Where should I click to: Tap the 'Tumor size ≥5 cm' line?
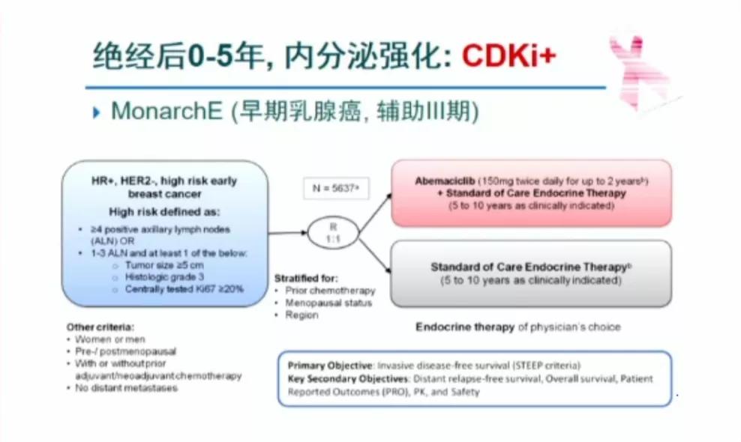point(164,264)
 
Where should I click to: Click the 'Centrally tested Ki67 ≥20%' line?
point(184,288)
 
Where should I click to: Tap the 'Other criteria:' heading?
point(100,327)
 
